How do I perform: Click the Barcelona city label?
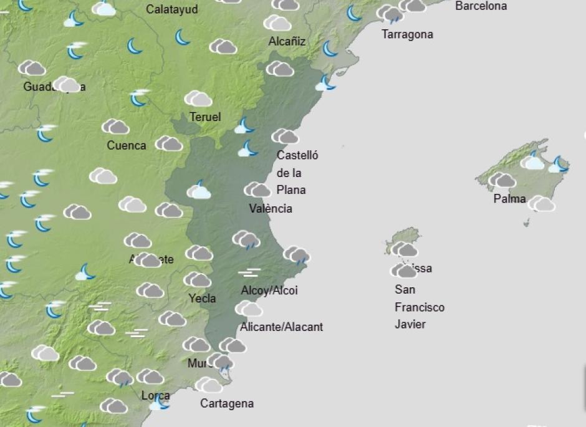pos(481,6)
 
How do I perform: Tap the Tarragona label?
pos(407,34)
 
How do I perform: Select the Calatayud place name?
pos(171,9)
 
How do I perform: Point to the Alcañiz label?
pos(287,42)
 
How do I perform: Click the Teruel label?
pos(205,117)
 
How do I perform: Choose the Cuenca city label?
pos(127,146)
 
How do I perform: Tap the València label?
pos(271,208)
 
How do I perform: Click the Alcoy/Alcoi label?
pos(269,290)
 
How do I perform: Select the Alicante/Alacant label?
pos(282,327)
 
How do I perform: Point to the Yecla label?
pos(202,299)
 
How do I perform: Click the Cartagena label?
pos(227,404)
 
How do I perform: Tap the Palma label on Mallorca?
pos(509,199)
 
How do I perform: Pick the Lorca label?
pos(155,396)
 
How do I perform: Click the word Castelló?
pos(297,155)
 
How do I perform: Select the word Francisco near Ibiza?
pos(420,307)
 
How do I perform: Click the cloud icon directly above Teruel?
pos(198,98)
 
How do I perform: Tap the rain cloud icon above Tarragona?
pos(390,14)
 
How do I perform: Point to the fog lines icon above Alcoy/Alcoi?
pos(249,272)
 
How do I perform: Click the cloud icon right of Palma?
pos(541,204)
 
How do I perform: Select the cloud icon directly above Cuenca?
pos(115,127)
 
